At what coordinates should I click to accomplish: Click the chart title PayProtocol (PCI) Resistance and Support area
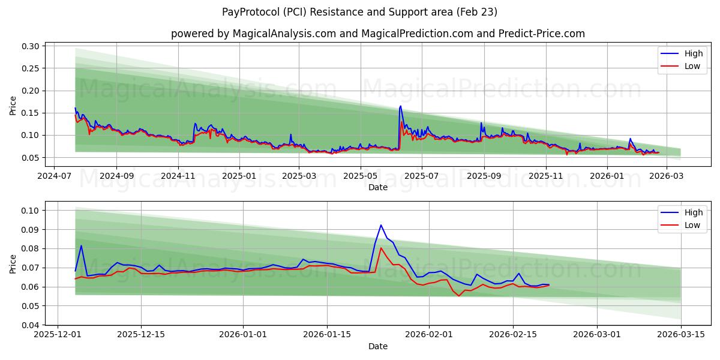359,12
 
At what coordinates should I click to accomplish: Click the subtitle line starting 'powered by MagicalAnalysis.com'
377,34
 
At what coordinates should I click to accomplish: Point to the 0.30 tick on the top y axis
32,46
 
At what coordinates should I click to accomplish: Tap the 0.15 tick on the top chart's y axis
32,113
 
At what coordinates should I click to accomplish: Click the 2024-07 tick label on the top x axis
55,176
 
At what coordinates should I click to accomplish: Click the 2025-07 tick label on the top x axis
422,176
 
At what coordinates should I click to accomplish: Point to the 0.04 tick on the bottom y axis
32,325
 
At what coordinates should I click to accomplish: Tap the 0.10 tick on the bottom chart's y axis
32,211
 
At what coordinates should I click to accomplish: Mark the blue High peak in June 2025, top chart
400,106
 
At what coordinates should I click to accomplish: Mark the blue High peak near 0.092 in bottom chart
381,225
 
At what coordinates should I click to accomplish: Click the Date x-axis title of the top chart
378,187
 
